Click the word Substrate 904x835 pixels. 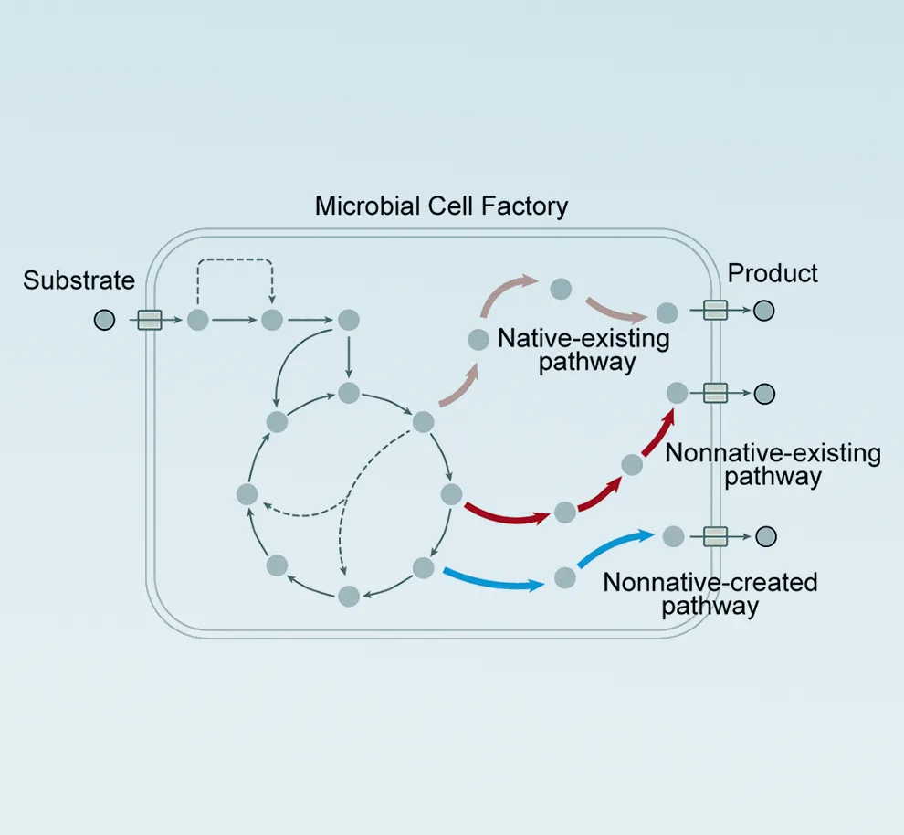pyautogui.click(x=79, y=280)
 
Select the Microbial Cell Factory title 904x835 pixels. pyautogui.click(x=441, y=206)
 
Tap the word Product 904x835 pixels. pyautogui.click(x=773, y=273)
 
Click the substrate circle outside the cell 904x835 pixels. pyautogui.click(x=105, y=320)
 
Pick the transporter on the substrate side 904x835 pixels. pyautogui.click(x=150, y=320)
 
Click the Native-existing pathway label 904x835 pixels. pyautogui.click(x=584, y=350)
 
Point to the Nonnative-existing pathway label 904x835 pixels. pyautogui.click(x=773, y=464)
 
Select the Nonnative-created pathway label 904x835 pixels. pyautogui.click(x=710, y=594)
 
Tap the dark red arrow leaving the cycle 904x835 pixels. pyautogui.click(x=506, y=513)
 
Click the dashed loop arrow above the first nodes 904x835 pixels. pyautogui.click(x=235, y=263)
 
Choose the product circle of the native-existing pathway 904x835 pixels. pyautogui.click(x=764, y=311)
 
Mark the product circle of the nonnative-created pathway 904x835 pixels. pyautogui.click(x=764, y=536)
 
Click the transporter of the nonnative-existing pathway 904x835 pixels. pyautogui.click(x=715, y=393)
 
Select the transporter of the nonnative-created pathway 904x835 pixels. pyautogui.click(x=715, y=536)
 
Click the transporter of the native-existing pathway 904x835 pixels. pyautogui.click(x=715, y=311)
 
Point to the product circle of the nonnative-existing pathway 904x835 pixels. pyautogui.click(x=764, y=394)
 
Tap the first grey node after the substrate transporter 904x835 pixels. pyautogui.click(x=198, y=320)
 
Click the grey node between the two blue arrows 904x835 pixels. pyautogui.click(x=565, y=577)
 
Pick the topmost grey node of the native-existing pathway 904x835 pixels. pyautogui.click(x=562, y=290)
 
